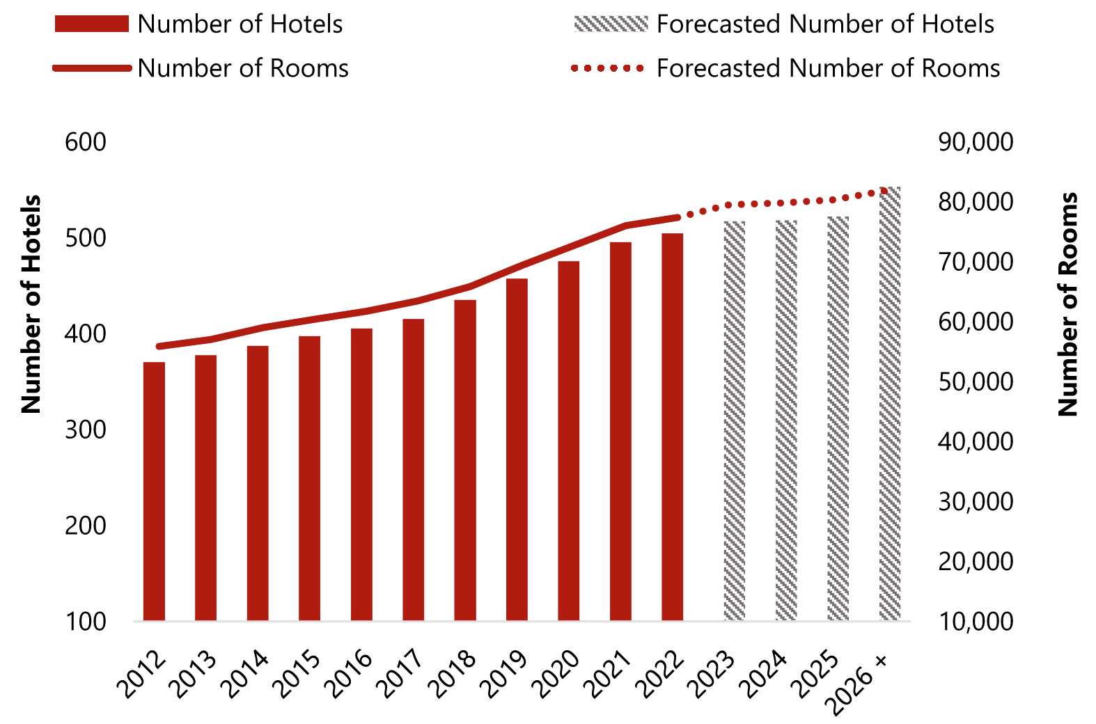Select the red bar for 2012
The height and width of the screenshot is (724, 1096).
tap(154, 491)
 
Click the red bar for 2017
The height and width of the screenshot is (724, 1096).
tap(413, 469)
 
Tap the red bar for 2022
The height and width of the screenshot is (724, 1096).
tap(672, 426)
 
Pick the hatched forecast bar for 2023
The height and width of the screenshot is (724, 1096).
tap(735, 420)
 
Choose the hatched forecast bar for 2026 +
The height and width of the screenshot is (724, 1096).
tap(890, 404)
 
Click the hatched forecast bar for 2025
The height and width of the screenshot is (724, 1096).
tap(838, 418)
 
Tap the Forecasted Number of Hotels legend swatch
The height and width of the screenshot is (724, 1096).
tap(611, 24)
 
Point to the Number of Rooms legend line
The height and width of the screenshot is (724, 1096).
tap(92, 68)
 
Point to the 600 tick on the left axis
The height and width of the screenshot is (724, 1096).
tap(85, 142)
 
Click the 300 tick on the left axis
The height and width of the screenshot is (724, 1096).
tap(85, 430)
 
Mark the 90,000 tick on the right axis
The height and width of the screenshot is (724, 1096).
tap(976, 142)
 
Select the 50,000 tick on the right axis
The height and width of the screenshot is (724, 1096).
tap(976, 381)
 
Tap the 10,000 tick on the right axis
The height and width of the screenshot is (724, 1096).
tap(976, 621)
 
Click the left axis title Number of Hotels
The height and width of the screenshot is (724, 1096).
tap(31, 304)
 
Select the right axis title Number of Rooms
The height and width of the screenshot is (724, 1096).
tap(1067, 304)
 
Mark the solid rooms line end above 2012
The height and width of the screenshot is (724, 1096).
tap(159, 346)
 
